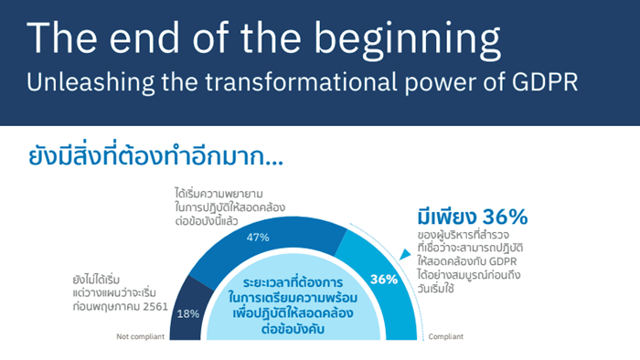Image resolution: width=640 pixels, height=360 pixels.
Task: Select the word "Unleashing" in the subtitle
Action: click(x=91, y=82)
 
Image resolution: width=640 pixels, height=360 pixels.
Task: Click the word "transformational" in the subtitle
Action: click(x=301, y=81)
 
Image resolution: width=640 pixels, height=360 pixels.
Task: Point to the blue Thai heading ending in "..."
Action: click(x=156, y=155)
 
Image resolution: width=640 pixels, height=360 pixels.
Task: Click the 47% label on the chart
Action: click(x=258, y=238)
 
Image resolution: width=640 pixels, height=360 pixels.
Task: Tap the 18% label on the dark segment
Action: click(x=188, y=313)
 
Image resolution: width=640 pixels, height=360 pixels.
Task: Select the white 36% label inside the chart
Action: click(x=384, y=280)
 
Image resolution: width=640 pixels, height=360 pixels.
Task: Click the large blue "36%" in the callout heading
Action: click(x=506, y=217)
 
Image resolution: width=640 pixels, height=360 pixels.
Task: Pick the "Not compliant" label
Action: click(x=141, y=336)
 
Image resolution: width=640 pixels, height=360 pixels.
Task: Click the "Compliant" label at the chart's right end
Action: click(x=446, y=336)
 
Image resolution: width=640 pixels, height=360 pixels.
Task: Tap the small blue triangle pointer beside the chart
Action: click(x=405, y=254)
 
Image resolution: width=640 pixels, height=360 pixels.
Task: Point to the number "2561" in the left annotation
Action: click(x=155, y=307)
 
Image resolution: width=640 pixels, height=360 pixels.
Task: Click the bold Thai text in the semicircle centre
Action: click(x=293, y=306)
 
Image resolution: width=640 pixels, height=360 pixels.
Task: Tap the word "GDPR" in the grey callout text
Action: click(x=503, y=261)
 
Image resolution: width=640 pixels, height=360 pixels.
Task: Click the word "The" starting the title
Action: click(x=62, y=37)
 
